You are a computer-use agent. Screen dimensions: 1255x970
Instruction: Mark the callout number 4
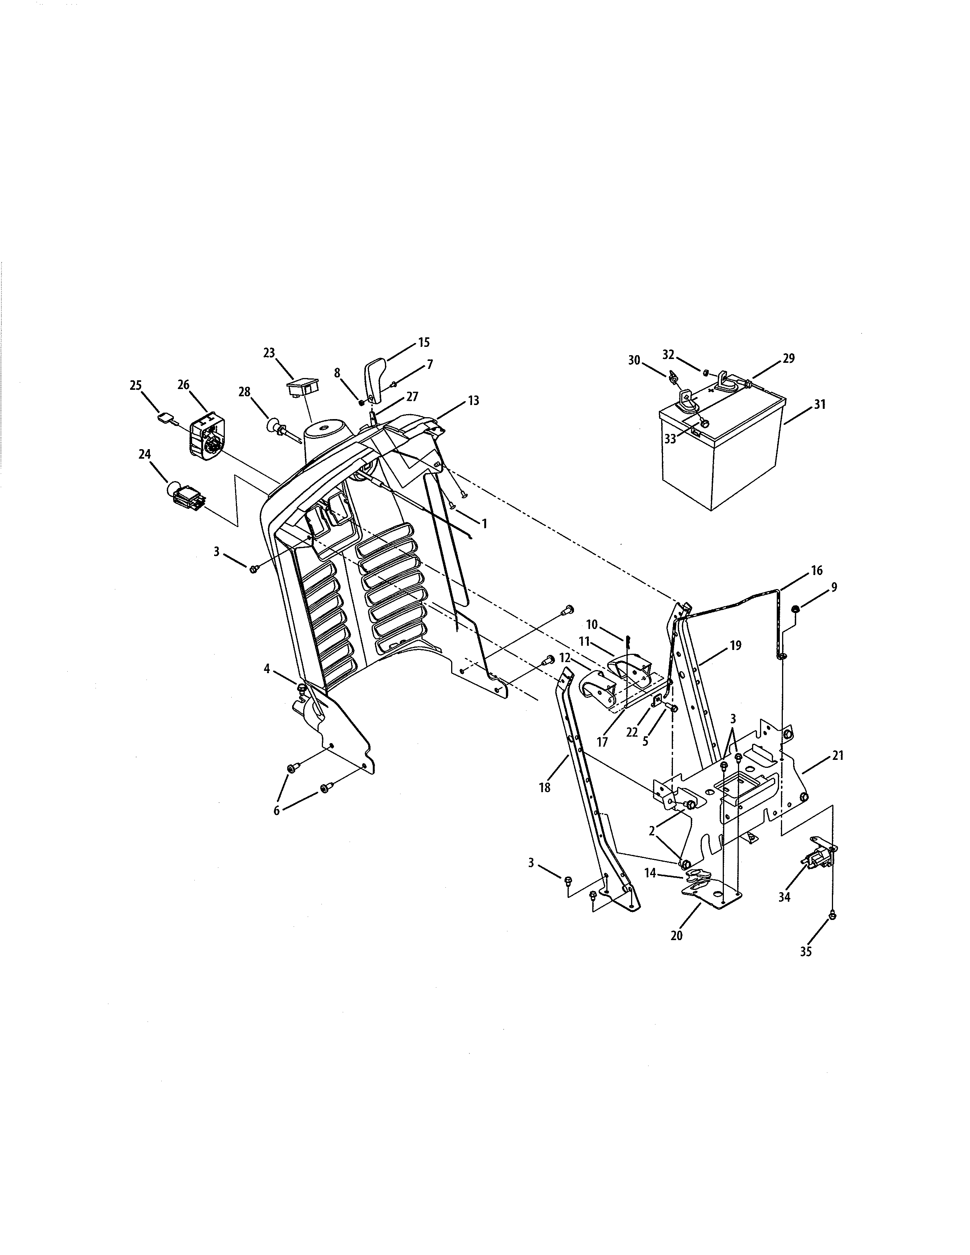tap(267, 669)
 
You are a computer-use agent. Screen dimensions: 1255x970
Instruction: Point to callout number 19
tap(736, 645)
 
